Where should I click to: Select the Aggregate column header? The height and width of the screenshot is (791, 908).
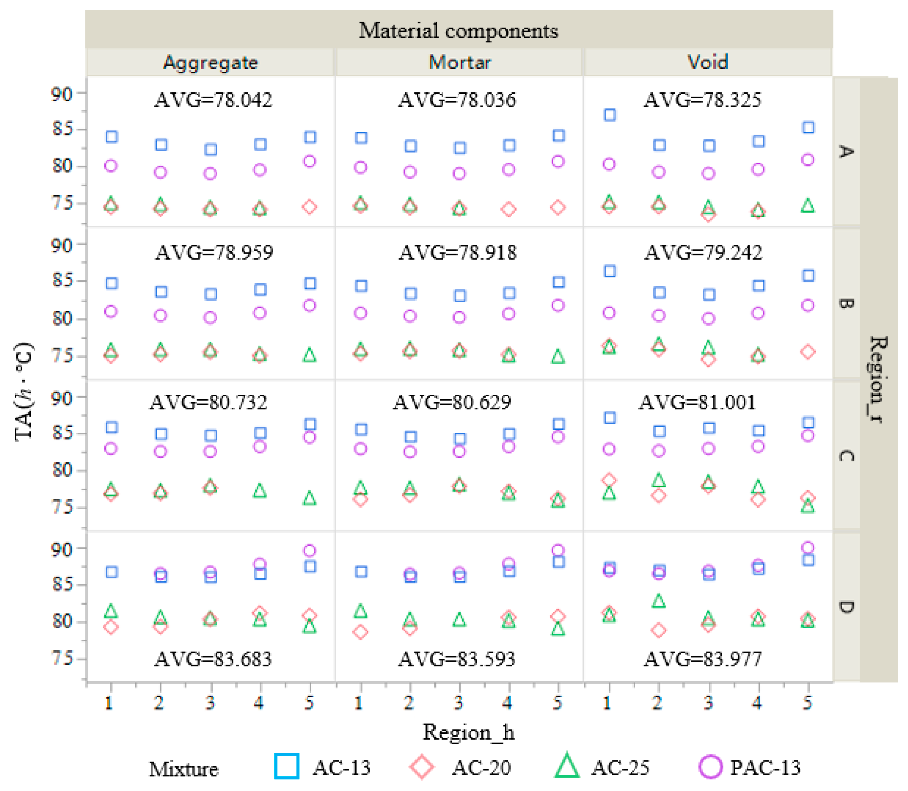[x=210, y=62]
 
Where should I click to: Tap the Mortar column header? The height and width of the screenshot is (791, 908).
[x=459, y=62]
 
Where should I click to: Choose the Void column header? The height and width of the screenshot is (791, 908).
[x=707, y=62]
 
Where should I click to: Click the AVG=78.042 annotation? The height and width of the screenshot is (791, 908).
[x=213, y=100]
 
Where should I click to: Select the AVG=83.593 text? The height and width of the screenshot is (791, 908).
[x=456, y=659]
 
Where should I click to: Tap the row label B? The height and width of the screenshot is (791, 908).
[x=846, y=304]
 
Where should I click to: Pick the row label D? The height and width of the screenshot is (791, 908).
[x=846, y=607]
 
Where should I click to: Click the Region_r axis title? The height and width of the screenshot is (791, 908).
[x=878, y=380]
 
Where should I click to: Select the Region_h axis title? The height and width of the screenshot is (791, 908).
[x=468, y=732]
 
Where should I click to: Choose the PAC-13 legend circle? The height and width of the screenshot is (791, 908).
[x=710, y=767]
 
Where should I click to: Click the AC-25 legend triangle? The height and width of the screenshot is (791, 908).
[x=567, y=767]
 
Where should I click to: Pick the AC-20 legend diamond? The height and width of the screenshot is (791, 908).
[x=422, y=767]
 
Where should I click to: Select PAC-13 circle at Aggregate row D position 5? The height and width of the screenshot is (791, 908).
[x=309, y=551]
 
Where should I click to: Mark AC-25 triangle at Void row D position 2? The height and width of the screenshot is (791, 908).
[x=659, y=601]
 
